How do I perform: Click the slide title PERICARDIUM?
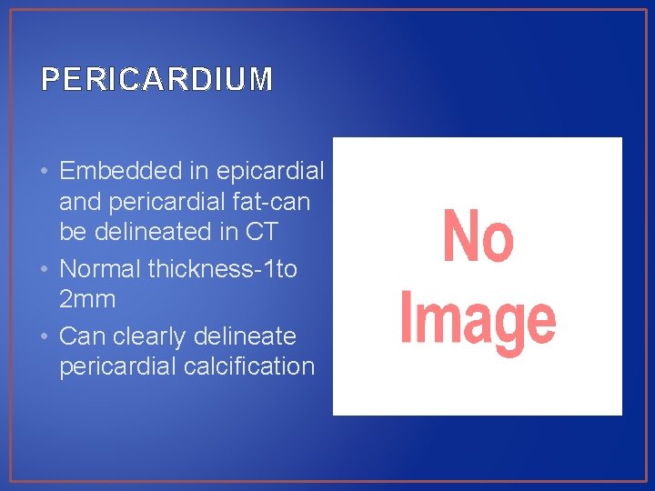[156, 80]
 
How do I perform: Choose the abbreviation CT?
[260, 232]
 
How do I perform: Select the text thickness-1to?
[226, 270]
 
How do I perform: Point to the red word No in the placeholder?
[478, 236]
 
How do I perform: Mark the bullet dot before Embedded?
[45, 171]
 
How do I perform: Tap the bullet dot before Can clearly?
[45, 337]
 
